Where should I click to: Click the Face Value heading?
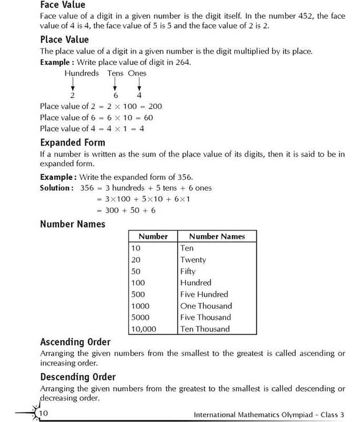(x=62, y=5)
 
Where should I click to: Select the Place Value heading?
(x=64, y=40)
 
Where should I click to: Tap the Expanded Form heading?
(x=72, y=142)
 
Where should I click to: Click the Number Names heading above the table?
(x=72, y=224)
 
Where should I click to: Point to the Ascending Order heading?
(x=75, y=342)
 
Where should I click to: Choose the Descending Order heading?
(x=77, y=377)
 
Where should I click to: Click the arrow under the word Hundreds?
(x=73, y=83)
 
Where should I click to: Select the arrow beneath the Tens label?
(x=114, y=83)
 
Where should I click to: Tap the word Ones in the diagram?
(x=137, y=73)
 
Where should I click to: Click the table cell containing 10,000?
(x=143, y=329)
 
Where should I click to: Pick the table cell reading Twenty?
(x=193, y=260)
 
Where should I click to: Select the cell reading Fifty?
(x=188, y=271)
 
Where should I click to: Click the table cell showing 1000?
(x=140, y=306)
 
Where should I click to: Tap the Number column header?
(x=153, y=236)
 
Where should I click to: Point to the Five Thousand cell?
(x=206, y=317)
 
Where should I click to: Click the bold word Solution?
(x=55, y=188)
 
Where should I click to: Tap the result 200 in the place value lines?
(x=155, y=106)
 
